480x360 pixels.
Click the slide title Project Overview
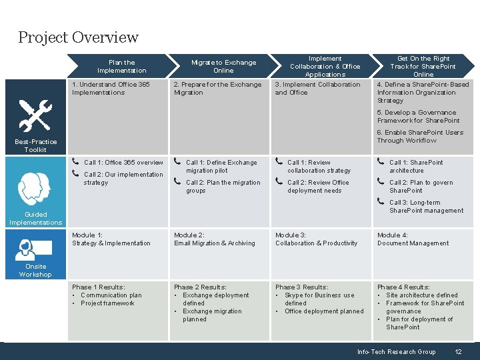pos(78,37)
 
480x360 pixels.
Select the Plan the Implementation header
pos(121,67)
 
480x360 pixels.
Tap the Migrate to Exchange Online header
pos(223,67)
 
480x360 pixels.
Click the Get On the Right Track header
pos(423,67)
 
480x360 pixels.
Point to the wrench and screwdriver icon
pos(35,115)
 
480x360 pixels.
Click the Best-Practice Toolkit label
pos(35,145)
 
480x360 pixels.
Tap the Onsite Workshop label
pos(35,271)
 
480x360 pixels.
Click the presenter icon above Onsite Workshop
pos(33,249)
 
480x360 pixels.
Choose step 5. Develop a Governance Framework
pos(417,117)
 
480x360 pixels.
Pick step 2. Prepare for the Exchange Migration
pos(217,89)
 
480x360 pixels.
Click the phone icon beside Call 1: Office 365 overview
pos(75,162)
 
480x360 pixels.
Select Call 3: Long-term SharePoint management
pos(425,207)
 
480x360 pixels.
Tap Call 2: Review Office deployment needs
pos(318,187)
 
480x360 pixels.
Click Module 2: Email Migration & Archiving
pos(214,239)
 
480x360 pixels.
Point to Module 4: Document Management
pos(413,239)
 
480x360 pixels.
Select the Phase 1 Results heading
pos(98,287)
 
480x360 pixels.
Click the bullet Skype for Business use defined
pos(319,299)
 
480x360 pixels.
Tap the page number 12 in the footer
pos(458,352)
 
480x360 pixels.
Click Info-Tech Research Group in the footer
pos(396,352)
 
